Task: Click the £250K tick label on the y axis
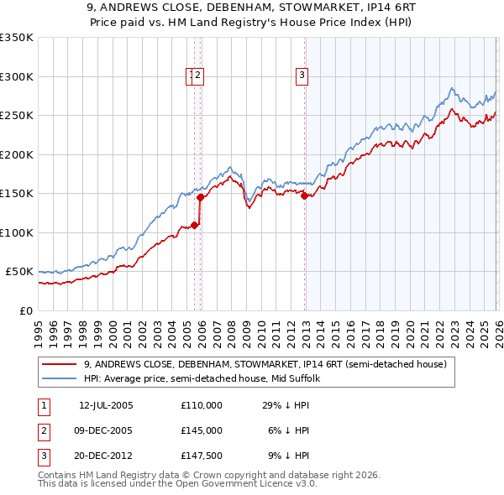(x=17, y=116)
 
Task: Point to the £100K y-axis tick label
(x=17, y=232)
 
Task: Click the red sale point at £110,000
(x=194, y=225)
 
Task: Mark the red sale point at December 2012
(x=304, y=195)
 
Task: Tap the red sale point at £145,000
(x=200, y=198)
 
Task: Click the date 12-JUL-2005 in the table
(x=106, y=405)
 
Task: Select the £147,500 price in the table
(x=201, y=456)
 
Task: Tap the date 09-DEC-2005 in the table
(x=106, y=430)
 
